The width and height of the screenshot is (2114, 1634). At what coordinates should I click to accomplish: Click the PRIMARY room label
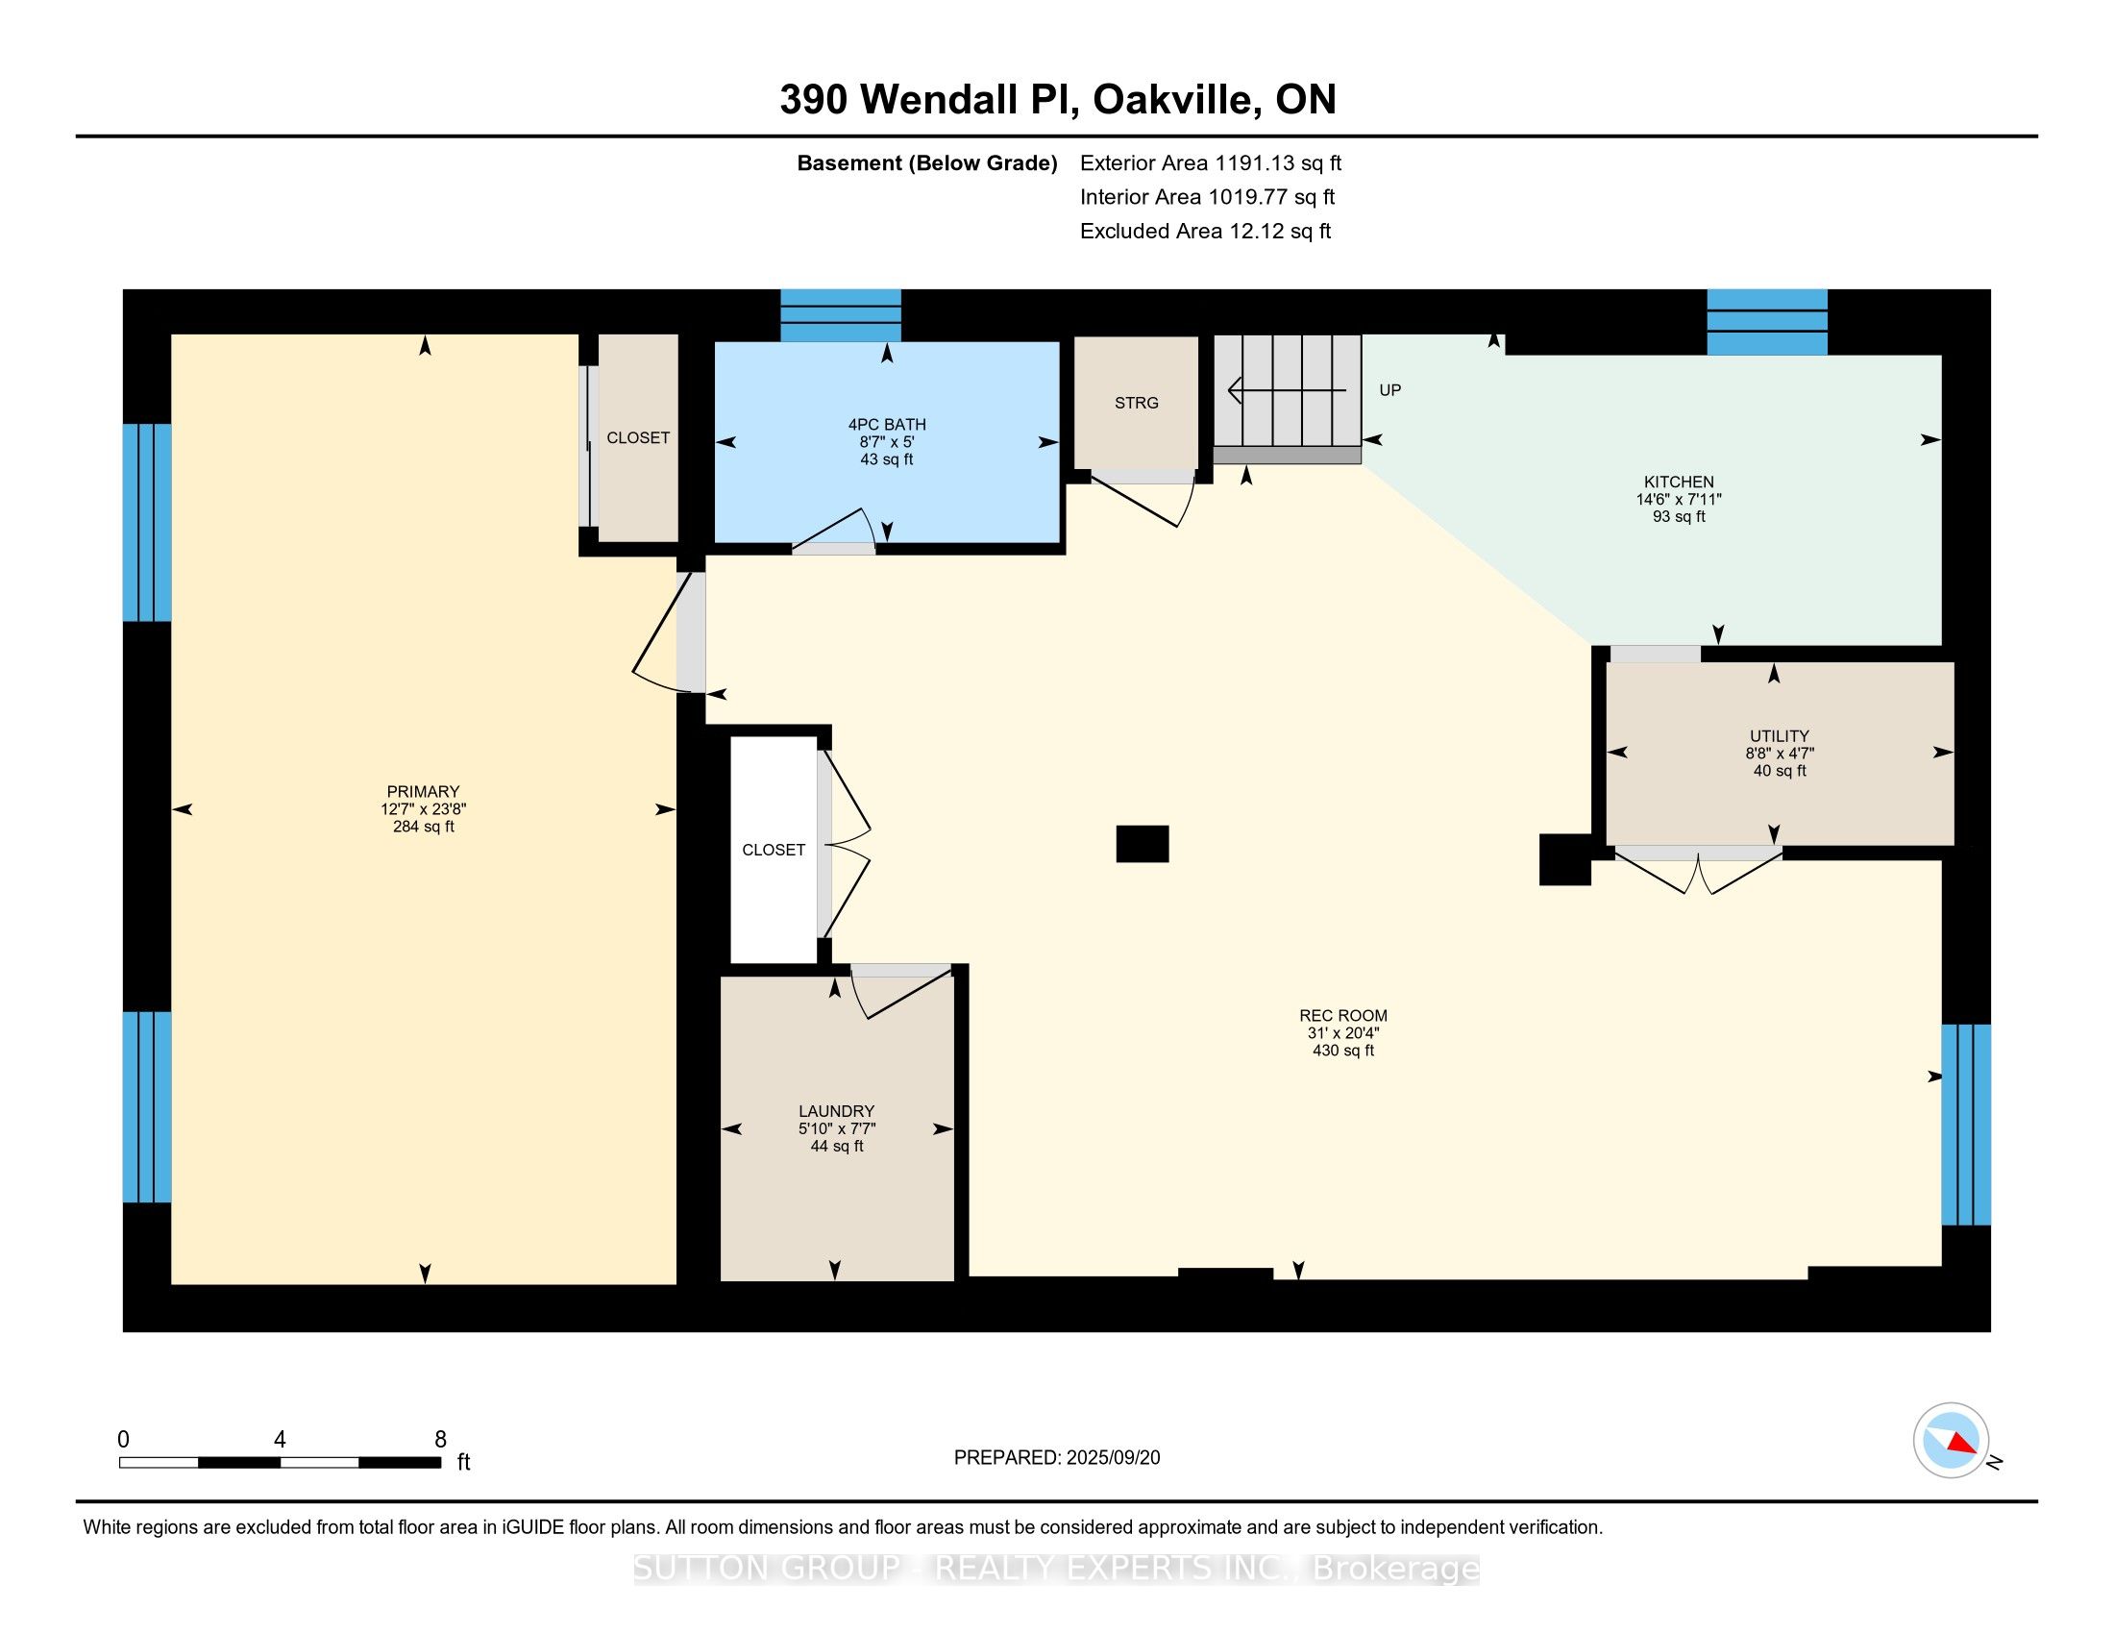coord(423,791)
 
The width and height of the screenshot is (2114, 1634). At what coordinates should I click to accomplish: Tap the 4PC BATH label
coord(887,424)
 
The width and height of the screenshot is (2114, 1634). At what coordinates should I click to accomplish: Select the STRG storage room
coord(1137,403)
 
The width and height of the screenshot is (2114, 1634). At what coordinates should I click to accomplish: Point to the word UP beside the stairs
coord(1390,390)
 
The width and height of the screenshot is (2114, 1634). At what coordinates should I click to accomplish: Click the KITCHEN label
coord(1679,482)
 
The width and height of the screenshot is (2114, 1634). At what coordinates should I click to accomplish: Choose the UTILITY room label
coord(1779,735)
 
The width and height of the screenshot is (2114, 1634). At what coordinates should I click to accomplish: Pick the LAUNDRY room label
coord(836,1111)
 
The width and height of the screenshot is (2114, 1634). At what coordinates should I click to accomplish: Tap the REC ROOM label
coord(1342,1015)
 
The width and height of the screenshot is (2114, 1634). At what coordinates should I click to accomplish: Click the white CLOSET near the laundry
coord(774,850)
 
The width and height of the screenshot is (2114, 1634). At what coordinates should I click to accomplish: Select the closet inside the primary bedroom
coord(638,437)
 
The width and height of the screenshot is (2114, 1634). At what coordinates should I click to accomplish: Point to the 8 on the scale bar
coord(440,1440)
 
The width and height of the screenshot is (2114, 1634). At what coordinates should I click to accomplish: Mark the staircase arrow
coord(1287,390)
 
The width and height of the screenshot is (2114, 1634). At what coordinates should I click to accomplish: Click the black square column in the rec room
coord(1143,843)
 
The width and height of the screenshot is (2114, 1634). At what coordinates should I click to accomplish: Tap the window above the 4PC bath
coord(840,315)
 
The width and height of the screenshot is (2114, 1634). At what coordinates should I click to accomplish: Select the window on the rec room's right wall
coord(1966,1125)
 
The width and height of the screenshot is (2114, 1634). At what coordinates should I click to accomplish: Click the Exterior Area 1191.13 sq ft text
coord(1211,162)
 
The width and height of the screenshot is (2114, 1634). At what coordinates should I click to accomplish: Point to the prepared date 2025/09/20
coord(1113,1457)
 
